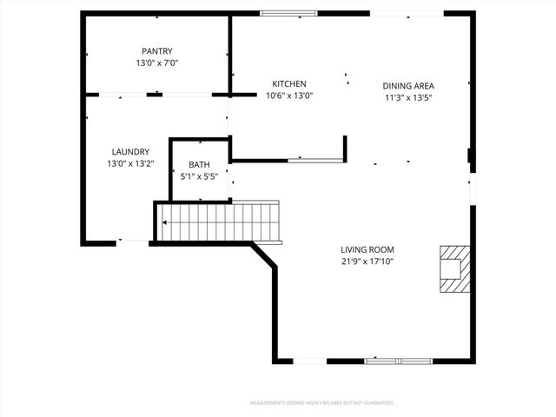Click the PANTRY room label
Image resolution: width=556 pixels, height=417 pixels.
coord(157,51)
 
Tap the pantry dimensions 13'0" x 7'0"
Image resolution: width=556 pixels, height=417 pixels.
coord(157,63)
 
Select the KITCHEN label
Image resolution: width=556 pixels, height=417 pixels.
coord(289,84)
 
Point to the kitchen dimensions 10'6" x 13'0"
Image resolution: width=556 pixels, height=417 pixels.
coord(289,96)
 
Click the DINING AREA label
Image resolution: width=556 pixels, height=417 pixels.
coord(409,86)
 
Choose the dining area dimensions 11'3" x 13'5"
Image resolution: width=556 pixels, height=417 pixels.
coord(409,98)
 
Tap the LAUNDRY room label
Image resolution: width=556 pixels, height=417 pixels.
coord(130,151)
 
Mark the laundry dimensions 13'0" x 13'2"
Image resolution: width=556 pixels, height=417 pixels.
coord(130,163)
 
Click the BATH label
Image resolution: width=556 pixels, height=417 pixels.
coord(200,165)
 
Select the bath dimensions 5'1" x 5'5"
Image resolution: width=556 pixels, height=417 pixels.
coord(200,177)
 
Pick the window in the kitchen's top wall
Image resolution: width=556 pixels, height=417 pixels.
coord(289,13)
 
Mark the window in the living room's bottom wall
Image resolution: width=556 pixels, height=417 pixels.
coord(397,361)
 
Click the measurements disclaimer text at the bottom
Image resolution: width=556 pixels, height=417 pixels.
coord(321,403)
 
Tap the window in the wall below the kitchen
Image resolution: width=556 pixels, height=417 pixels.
coord(315,160)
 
